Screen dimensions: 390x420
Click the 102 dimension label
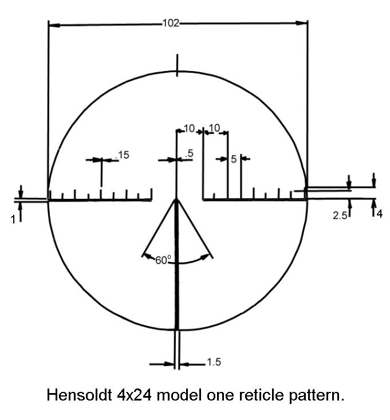(171, 23)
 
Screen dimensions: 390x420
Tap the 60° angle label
(163, 260)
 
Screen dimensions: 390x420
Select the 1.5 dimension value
(214, 362)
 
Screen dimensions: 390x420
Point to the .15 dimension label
(123, 155)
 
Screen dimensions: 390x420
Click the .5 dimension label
(189, 154)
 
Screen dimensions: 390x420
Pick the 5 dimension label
(234, 159)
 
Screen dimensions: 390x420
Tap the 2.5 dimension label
(340, 215)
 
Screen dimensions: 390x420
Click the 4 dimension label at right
(380, 214)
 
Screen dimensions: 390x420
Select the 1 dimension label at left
(13, 219)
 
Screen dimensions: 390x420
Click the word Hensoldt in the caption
(80, 395)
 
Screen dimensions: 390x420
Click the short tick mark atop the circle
(177, 65)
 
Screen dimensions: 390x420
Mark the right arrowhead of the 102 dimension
(302, 23)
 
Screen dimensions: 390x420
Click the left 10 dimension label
(189, 128)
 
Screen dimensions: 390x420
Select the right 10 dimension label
(214, 128)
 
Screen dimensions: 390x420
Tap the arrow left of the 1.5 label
(162, 364)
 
